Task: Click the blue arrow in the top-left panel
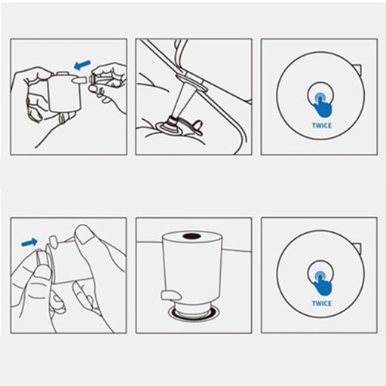tap(82, 65)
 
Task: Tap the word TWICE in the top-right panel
tap(322, 125)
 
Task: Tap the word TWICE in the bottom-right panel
tap(322, 303)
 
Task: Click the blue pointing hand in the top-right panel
tap(323, 105)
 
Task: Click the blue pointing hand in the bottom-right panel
tap(323, 283)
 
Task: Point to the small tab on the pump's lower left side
tap(171, 295)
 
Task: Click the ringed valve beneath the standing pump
tap(193, 312)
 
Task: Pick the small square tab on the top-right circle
tap(358, 69)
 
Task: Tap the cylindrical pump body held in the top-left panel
tap(66, 92)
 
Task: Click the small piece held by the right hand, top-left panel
tap(96, 78)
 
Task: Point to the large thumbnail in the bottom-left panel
tap(84, 233)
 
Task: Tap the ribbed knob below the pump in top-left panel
tap(65, 118)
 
